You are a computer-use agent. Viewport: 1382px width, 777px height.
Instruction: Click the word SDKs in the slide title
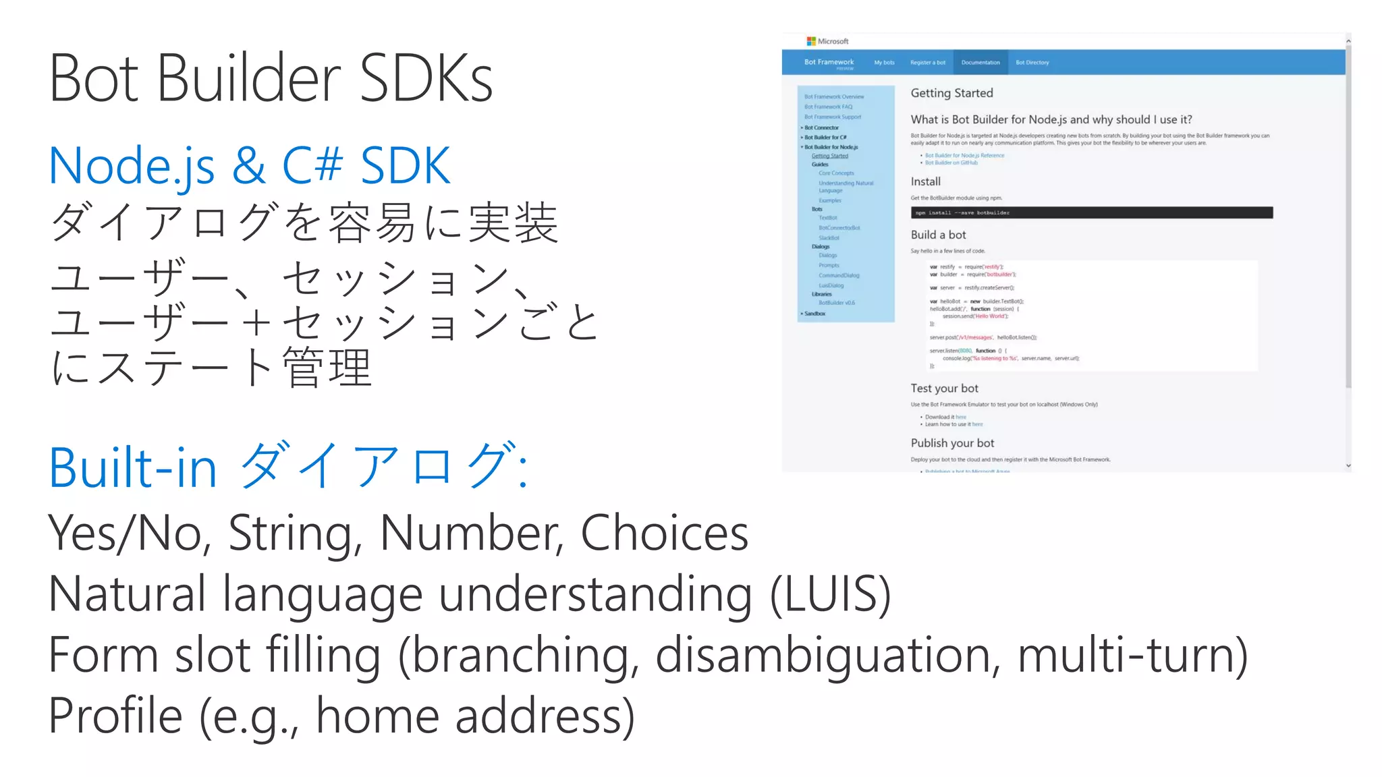426,79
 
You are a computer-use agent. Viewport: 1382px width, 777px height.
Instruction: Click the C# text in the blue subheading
312,166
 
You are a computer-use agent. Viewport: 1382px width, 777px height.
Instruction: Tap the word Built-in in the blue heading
133,467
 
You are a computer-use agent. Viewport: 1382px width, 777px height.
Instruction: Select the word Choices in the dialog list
664,533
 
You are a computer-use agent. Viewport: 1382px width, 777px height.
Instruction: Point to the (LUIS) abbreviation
831,594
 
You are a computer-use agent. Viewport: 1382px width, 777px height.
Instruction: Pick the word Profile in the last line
115,716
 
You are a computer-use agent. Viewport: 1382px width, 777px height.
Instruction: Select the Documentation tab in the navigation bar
980,63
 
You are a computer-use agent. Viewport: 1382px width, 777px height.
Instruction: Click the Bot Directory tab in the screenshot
1032,63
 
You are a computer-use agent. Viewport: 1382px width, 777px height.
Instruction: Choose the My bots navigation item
884,63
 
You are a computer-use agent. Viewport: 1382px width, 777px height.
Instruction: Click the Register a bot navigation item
928,63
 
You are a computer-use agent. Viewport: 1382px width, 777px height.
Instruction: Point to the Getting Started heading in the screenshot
951,93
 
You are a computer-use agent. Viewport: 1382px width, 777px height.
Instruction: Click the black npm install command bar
1091,212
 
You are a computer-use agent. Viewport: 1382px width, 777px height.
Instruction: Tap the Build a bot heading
938,235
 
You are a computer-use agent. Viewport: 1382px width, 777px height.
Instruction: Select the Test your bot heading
944,388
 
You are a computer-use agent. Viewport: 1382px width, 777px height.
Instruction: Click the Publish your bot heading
952,443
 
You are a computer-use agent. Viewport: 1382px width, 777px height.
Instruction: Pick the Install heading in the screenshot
925,181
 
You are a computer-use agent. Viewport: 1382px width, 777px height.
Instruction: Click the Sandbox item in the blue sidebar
814,314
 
